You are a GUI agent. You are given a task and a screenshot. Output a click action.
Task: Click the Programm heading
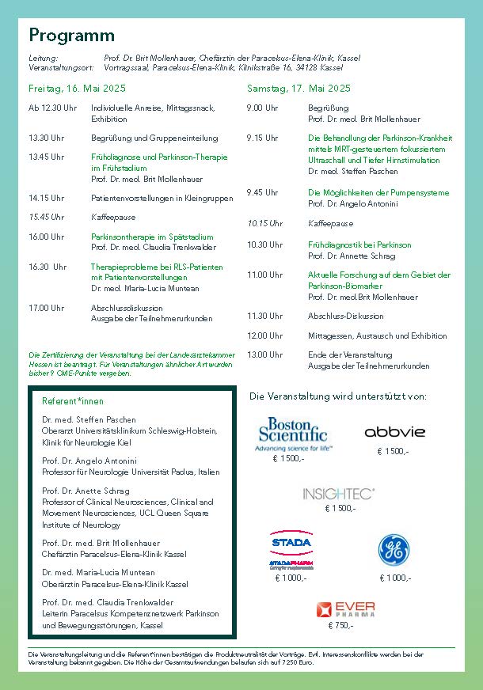coord(72,36)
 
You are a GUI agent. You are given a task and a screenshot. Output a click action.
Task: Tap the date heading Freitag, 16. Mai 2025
coord(77,88)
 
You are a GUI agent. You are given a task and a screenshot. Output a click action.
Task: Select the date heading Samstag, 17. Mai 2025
coord(299,88)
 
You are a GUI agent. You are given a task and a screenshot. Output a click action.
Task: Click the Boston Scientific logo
coord(292,434)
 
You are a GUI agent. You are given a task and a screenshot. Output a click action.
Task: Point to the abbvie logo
coord(394,432)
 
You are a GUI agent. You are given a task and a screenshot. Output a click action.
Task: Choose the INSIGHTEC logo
coord(339,494)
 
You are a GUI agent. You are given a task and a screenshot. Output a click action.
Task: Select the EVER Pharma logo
coord(346,608)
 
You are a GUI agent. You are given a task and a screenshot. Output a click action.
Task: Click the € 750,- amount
coord(340,625)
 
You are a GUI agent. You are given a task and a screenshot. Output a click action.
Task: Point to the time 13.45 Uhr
coord(47,157)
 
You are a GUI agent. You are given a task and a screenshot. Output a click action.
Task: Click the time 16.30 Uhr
coord(47,267)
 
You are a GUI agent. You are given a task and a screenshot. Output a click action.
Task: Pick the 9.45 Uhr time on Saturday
coord(262,192)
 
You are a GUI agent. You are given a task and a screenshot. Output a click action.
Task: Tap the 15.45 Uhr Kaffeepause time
coord(47,216)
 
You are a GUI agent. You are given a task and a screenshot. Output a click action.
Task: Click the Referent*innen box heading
coord(73,401)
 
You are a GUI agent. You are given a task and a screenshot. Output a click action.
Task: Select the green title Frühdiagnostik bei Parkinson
coord(348,245)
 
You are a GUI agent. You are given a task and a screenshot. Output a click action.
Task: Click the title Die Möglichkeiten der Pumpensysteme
coord(378,192)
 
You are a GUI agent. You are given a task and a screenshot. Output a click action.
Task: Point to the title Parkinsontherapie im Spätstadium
coord(152,237)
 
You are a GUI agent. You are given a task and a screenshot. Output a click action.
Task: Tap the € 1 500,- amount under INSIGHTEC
coord(340,508)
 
